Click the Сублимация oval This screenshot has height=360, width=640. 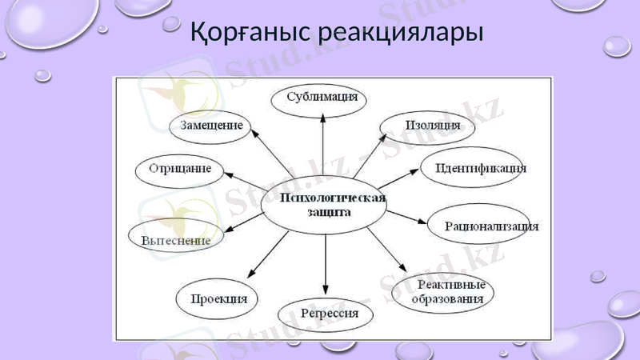coord(322,98)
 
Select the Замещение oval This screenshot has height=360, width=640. coord(211,126)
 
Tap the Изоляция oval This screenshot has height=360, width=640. coord(421,125)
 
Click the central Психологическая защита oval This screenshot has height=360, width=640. coord(325,206)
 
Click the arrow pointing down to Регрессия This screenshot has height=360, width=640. coord(326,264)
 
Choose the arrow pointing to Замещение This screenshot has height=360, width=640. coord(272,155)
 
